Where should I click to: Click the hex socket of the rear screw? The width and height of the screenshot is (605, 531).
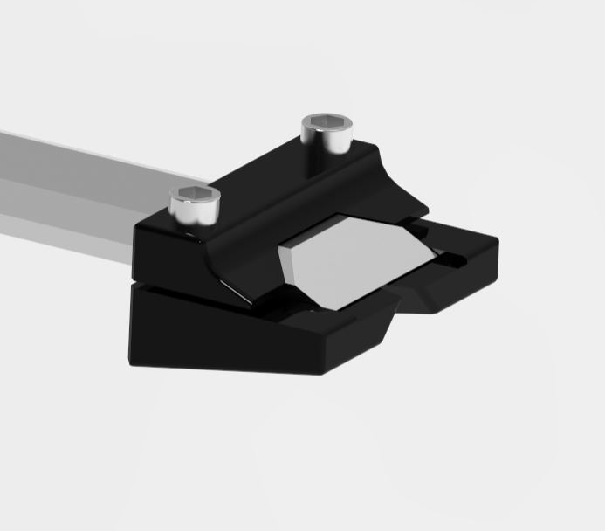[x=326, y=122]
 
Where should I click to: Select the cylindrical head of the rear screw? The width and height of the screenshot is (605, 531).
[x=326, y=134]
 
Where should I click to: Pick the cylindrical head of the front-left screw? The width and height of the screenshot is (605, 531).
[x=193, y=209]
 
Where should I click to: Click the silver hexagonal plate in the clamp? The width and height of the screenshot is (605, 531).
[x=354, y=259]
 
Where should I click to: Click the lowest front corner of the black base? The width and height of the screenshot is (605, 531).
[x=324, y=370]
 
